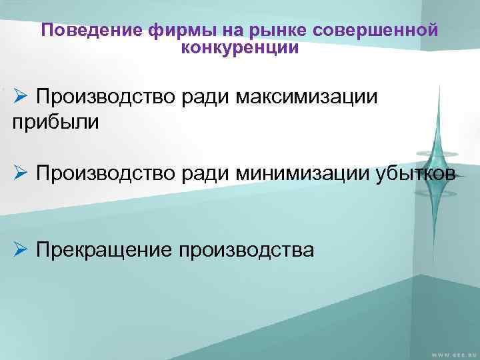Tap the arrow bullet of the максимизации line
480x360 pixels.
(x=20, y=97)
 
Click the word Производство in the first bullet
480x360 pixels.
(x=107, y=98)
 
